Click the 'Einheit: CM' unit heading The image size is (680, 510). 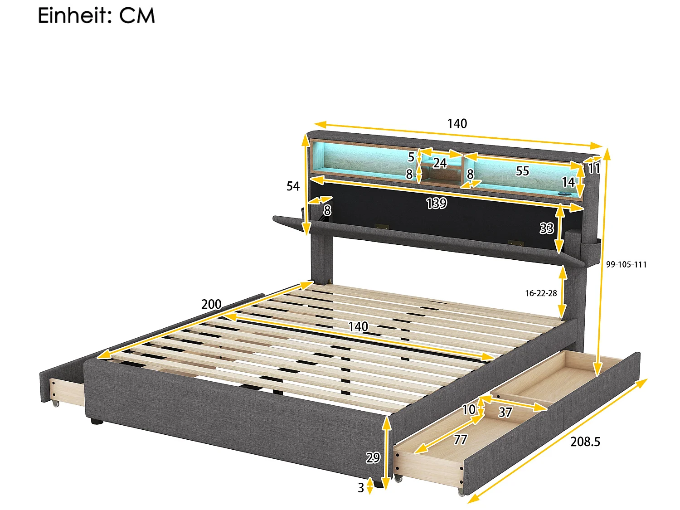tap(96, 15)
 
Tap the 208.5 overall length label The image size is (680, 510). tap(585, 442)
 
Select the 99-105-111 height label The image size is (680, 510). tap(626, 265)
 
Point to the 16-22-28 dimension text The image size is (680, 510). tap(541, 293)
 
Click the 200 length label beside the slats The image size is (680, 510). tap(211, 304)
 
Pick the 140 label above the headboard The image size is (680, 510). tap(457, 124)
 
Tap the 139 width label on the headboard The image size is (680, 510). tap(436, 204)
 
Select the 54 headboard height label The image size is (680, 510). tap(293, 186)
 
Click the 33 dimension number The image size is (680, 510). tap(546, 228)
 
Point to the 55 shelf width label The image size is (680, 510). tap(522, 171)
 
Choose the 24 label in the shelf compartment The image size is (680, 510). tap(439, 163)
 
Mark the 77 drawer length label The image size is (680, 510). tap(460, 439)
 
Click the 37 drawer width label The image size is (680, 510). tap(505, 412)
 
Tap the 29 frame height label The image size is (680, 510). tap(373, 458)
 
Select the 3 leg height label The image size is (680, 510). tap(361, 488)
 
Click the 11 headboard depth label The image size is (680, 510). tap(593, 169)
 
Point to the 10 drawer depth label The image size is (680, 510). tap(468, 409)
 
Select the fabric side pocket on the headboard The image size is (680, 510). tap(592, 247)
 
